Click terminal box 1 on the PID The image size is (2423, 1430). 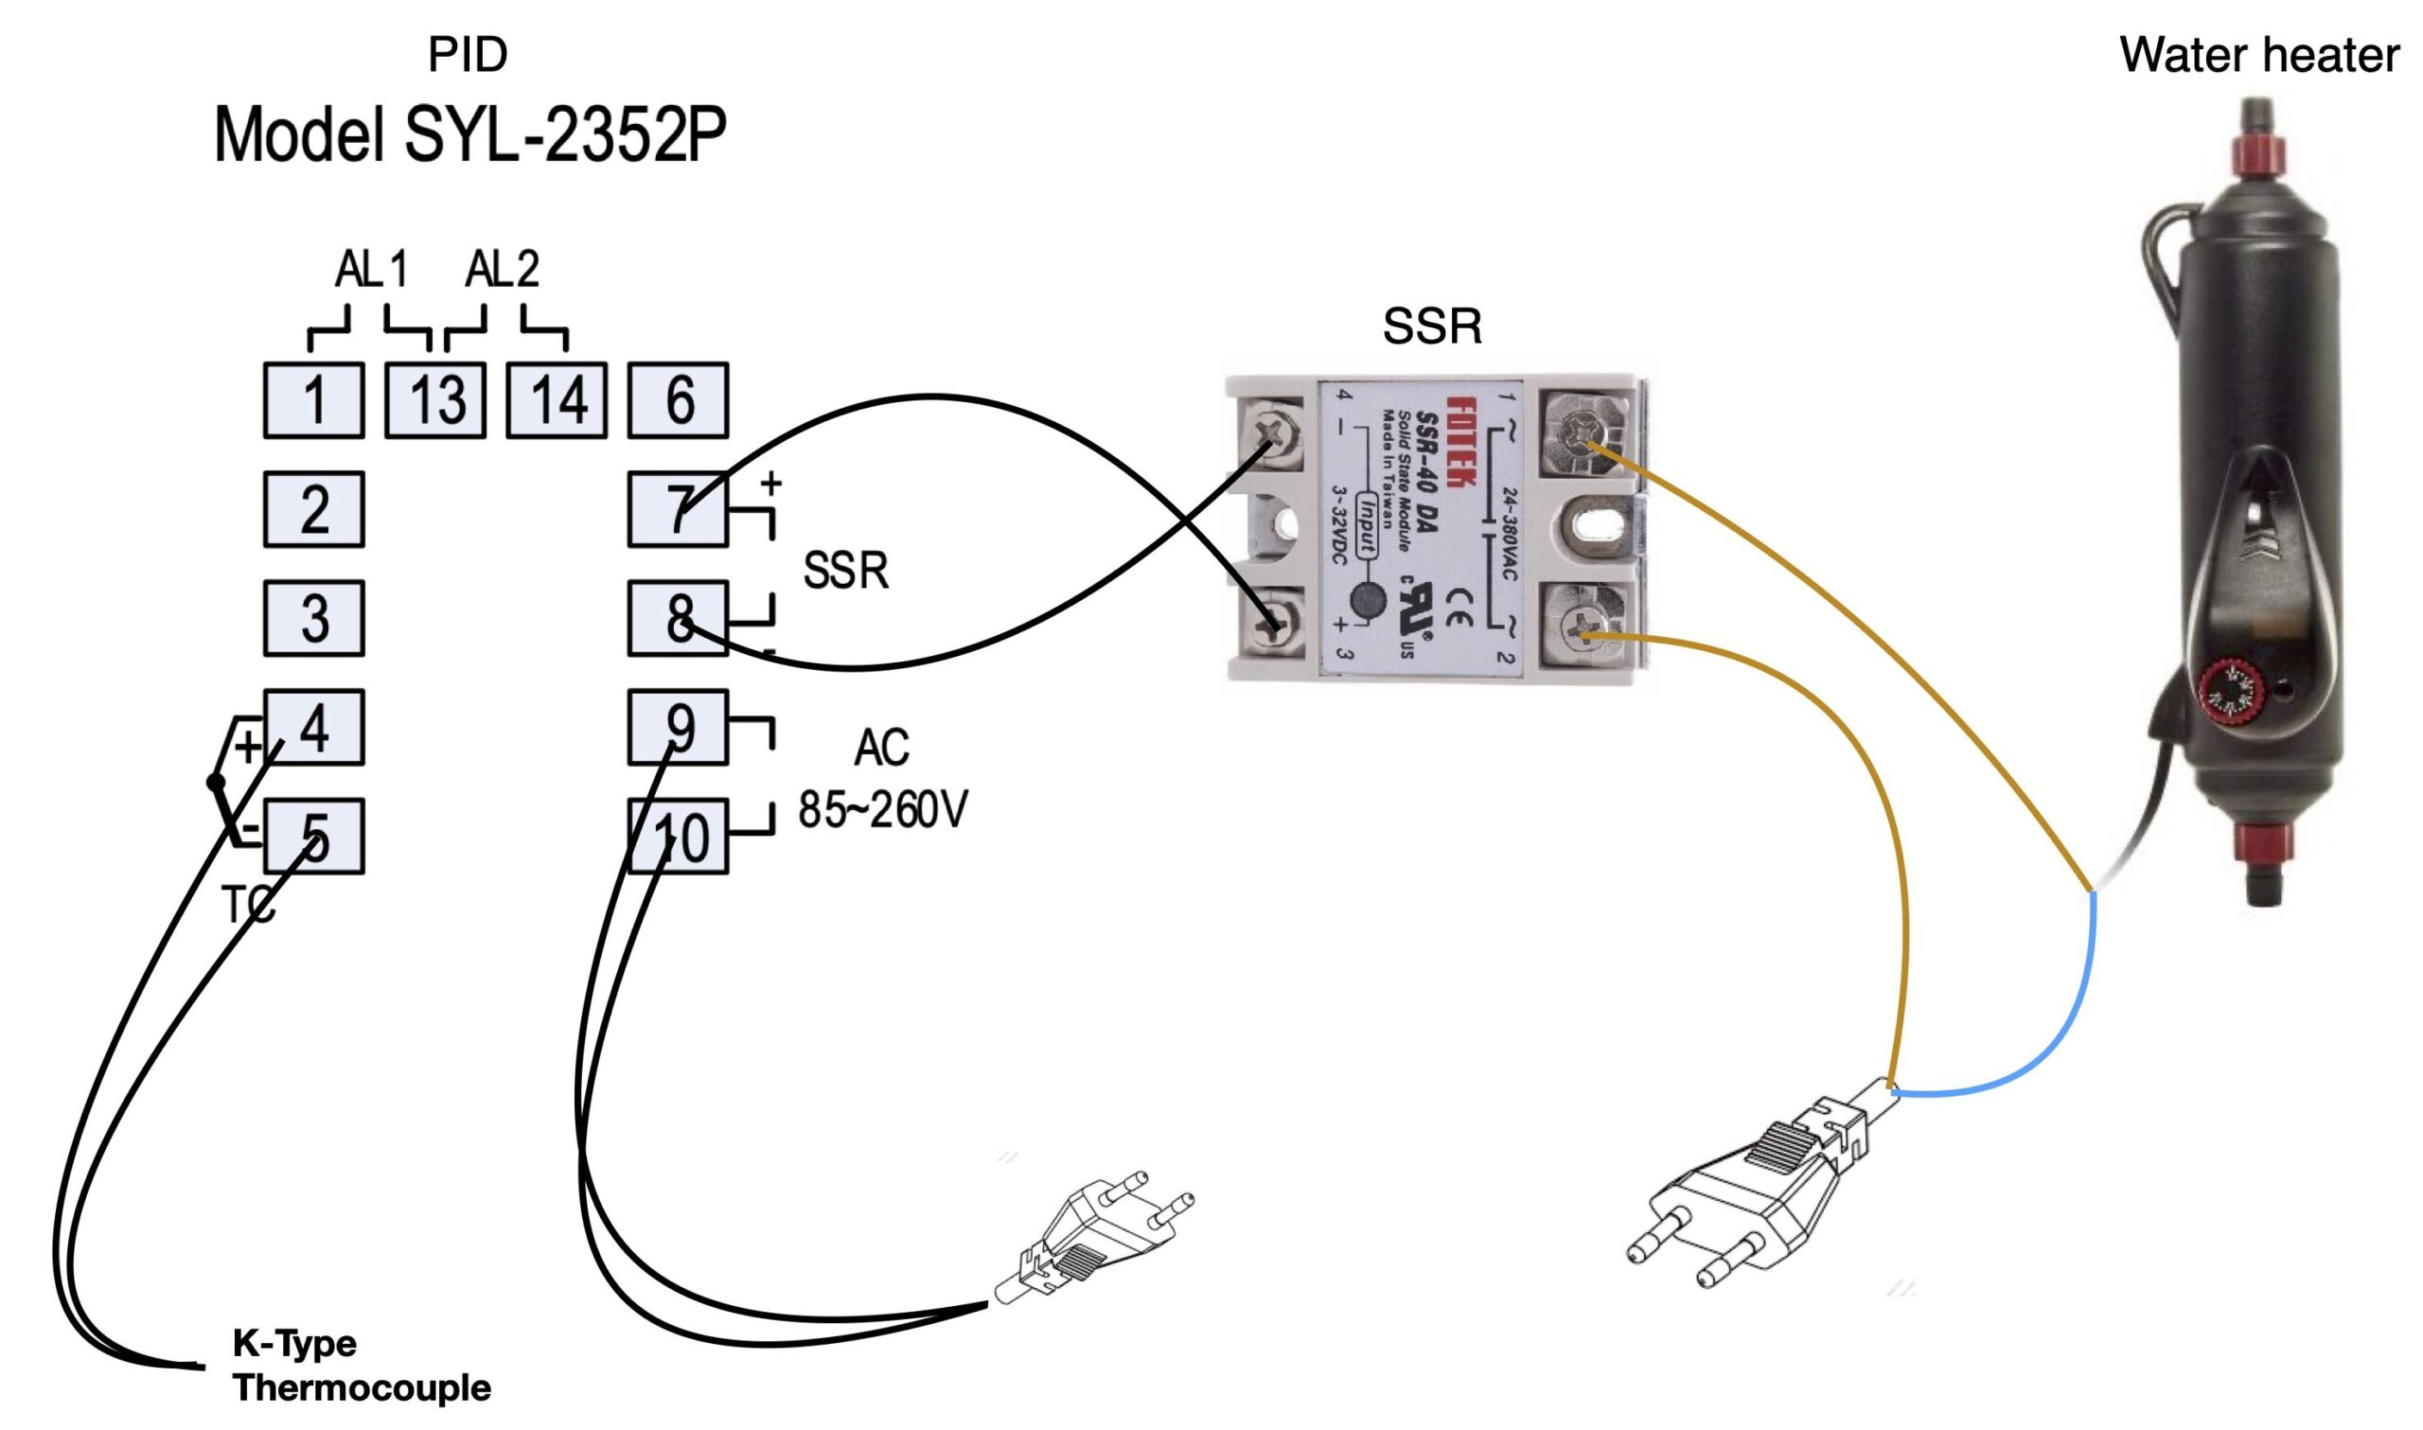pyautogui.click(x=314, y=400)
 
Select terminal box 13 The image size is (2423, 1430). pyautogui.click(x=435, y=400)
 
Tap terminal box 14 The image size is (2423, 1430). pyautogui.click(x=557, y=400)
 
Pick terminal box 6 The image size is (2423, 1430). pyautogui.click(x=679, y=400)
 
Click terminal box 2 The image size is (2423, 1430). pyautogui.click(x=314, y=509)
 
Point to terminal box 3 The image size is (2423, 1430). pyautogui.click(x=314, y=618)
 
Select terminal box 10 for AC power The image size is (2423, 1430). pyautogui.click(x=679, y=837)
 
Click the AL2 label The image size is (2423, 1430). pyautogui.click(x=502, y=269)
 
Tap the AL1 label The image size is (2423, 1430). pyautogui.click(x=372, y=269)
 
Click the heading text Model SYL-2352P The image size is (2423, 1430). pyautogui.click(x=470, y=136)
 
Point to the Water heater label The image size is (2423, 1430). pyautogui.click(x=2258, y=55)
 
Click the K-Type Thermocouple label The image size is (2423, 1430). pyautogui.click(x=362, y=1366)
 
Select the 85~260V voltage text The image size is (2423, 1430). pyautogui.click(x=882, y=809)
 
